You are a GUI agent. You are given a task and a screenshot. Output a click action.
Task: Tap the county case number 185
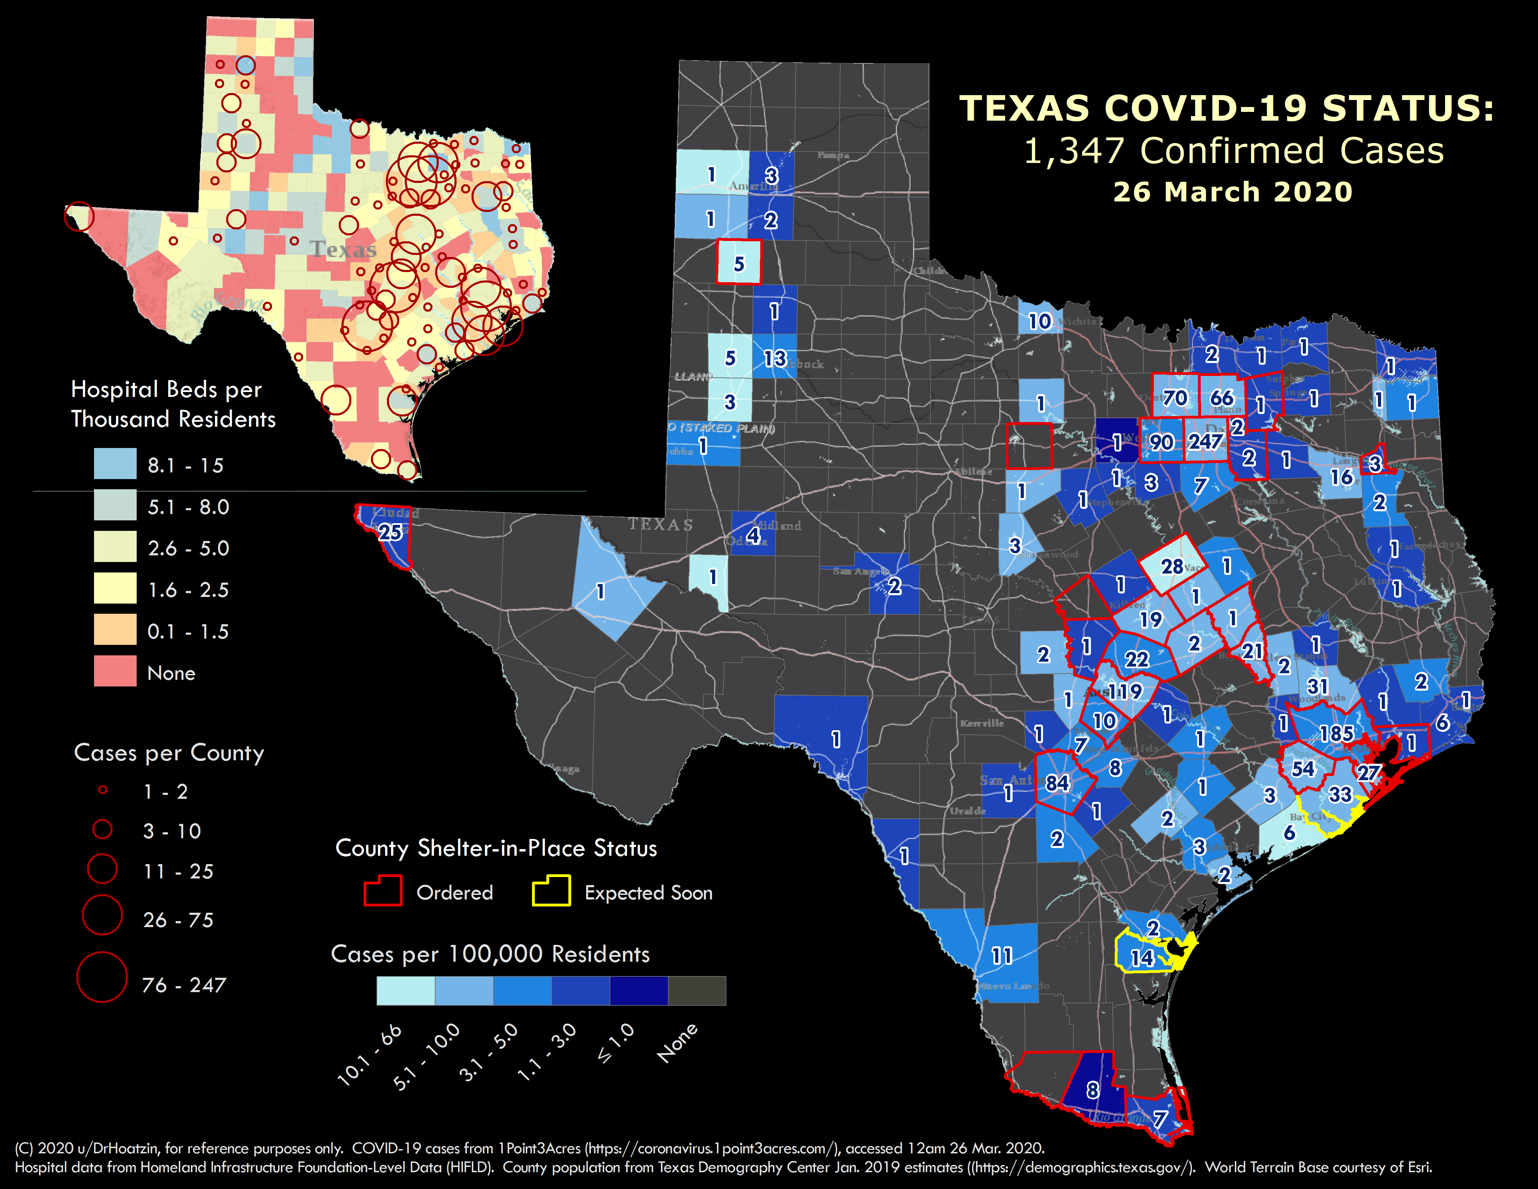pos(1336,734)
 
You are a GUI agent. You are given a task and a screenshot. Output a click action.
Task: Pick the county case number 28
pos(1172,566)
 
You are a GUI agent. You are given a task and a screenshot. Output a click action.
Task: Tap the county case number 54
pos(1303,769)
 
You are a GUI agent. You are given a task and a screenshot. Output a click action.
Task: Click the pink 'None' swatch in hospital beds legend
pos(115,671)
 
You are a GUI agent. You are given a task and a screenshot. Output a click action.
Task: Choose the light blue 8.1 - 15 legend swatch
pos(115,464)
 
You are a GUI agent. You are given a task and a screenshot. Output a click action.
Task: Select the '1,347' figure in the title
pos(1073,151)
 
